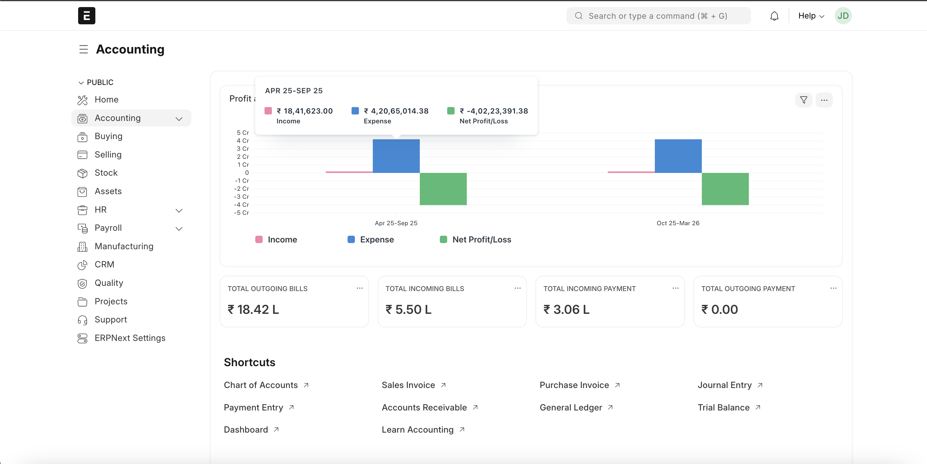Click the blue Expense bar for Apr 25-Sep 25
pos(396,156)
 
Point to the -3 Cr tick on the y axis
pos(242,197)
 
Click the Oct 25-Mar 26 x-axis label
pos(678,223)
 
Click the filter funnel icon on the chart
pos(803,100)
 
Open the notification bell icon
pos(774,16)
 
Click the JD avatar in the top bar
pos(842,16)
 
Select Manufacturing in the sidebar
pos(124,246)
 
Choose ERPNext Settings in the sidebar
pos(130,338)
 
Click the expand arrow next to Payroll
pos(179,229)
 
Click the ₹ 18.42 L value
pos(253,310)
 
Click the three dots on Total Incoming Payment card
pos(675,288)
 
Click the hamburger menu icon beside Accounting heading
pos(83,49)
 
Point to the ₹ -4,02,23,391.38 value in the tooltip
pos(497,111)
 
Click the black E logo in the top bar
pos(87,16)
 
